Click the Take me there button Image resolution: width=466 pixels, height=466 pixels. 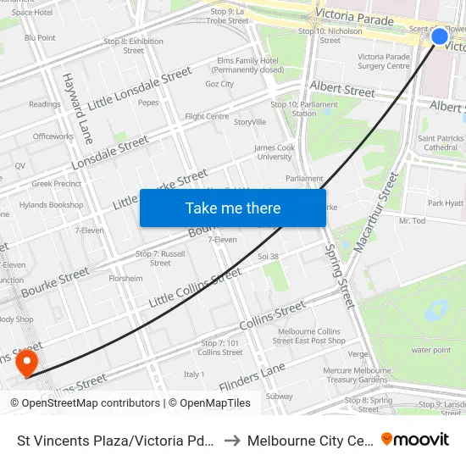click(233, 208)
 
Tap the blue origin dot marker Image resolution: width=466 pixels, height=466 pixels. click(439, 36)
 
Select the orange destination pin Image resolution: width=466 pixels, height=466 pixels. click(27, 363)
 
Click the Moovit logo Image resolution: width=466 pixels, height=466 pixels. click(415, 439)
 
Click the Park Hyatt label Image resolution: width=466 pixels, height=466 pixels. click(446, 203)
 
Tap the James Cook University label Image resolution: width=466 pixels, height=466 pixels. click(274, 152)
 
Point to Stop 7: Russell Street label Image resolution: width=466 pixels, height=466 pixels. click(160, 258)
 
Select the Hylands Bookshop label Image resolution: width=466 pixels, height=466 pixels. click(52, 205)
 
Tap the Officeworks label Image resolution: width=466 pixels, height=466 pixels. click(53, 136)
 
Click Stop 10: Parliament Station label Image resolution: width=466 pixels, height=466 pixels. click(292, 108)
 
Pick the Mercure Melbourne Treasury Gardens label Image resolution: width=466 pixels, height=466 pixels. click(356, 374)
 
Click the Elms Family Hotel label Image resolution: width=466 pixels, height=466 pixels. click(248, 65)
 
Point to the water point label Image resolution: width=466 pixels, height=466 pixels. click(430, 349)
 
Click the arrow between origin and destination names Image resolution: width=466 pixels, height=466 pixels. click(232, 440)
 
